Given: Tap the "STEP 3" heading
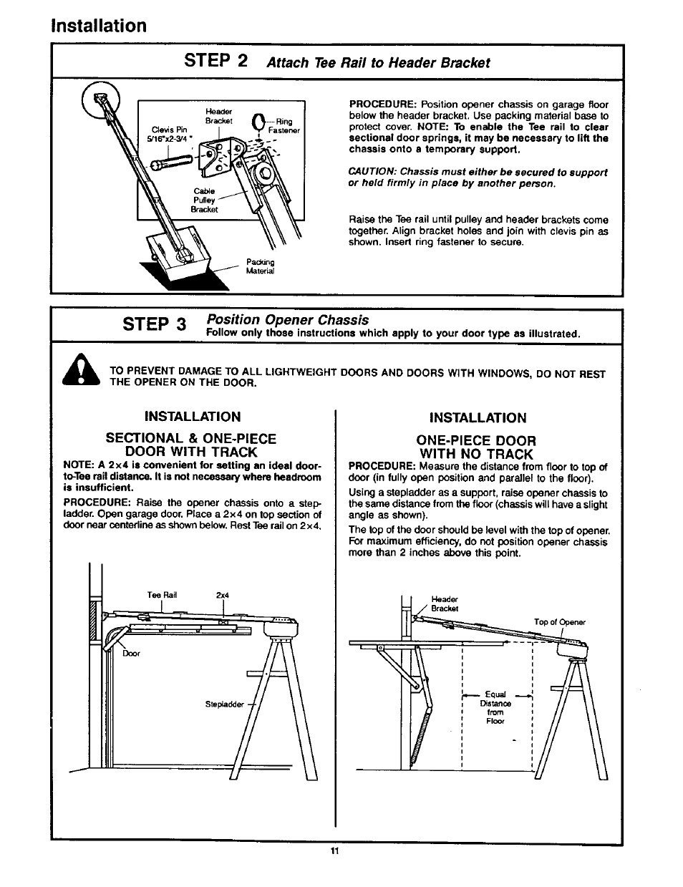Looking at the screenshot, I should point(154,324).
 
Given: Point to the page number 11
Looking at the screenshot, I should point(334,852).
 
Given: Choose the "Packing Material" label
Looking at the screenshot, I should point(260,266).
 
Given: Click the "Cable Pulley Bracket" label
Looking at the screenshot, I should point(204,200).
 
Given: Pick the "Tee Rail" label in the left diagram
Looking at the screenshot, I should point(162,595).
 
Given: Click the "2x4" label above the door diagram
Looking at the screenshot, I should point(222,595).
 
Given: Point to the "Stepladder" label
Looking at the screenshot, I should point(223,704).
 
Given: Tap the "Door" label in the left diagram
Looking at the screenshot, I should point(131,654).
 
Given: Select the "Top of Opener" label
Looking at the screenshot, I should point(560,622).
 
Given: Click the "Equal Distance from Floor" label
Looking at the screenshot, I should point(495,707).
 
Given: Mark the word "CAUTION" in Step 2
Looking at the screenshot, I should point(372,173).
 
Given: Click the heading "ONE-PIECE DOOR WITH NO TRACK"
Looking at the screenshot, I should point(477,447).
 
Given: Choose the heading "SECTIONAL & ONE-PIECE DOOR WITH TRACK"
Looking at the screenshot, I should point(191,445).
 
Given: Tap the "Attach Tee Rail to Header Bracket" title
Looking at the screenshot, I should point(378,62).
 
